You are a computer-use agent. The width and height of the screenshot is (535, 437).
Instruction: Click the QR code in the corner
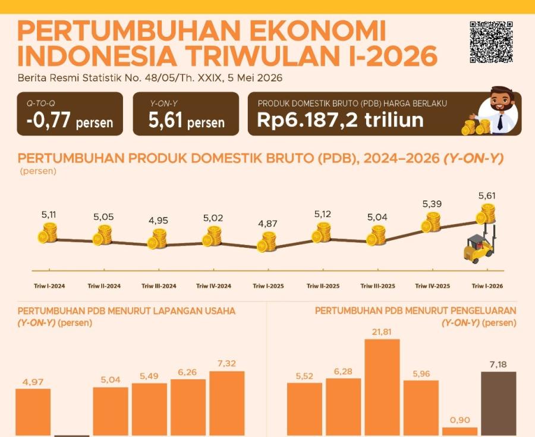coord(491,43)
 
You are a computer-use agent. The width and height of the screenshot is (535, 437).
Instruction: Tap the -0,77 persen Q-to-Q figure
coord(70,121)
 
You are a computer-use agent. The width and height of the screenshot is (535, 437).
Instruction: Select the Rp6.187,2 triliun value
coord(340,120)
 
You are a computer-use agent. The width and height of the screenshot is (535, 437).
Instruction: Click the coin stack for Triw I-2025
coord(266,241)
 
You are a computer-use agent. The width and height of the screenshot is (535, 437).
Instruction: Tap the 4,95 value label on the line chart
coord(158,221)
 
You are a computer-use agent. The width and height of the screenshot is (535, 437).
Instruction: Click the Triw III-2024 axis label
coord(159,286)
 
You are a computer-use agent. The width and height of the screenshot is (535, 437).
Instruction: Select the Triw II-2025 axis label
coord(323,286)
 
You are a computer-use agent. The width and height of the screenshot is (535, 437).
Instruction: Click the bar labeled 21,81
coord(382,388)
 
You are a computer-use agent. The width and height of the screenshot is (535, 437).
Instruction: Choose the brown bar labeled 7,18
coord(498,404)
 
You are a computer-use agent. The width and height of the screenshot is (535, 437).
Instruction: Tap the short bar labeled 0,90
coord(460,432)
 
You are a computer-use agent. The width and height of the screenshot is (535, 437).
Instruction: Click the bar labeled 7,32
coord(227,404)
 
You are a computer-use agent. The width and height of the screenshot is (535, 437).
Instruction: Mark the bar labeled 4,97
coord(33,413)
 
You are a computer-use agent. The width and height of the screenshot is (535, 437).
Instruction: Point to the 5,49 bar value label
coord(149,376)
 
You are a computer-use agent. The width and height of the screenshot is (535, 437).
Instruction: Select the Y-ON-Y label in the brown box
coord(164,103)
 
